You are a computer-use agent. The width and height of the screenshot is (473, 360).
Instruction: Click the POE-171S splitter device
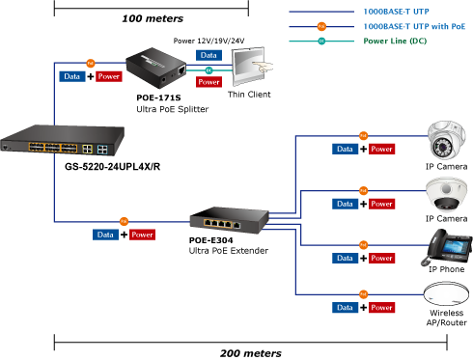coord(156,68)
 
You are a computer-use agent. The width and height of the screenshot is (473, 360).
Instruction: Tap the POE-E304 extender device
coord(229,220)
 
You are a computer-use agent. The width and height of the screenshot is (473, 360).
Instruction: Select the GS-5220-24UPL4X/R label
coord(112,167)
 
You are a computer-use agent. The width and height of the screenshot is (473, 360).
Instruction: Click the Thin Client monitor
coord(249,66)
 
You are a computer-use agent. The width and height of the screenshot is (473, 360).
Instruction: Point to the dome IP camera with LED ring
coord(446,140)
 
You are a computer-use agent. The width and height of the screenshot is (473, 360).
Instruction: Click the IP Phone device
coord(447,247)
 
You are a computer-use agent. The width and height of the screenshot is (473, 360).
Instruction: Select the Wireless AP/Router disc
coord(446,293)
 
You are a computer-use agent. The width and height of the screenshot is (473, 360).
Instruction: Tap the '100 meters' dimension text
coord(153,18)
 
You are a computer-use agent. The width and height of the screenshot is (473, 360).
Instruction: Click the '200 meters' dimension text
coord(251,353)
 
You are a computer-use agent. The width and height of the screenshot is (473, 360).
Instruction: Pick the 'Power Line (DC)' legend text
coord(395,41)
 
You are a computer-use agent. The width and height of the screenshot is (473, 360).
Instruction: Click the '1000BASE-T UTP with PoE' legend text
coord(414,26)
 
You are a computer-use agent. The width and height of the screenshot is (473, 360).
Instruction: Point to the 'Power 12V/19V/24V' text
coord(209,41)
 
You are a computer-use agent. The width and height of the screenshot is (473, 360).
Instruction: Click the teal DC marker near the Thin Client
coord(209,70)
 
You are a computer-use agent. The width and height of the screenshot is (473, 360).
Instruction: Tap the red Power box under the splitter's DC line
coord(209,82)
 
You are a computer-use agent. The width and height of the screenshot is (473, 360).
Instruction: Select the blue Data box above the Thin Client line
coord(209,55)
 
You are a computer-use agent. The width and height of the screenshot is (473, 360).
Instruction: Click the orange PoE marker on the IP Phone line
coord(363,245)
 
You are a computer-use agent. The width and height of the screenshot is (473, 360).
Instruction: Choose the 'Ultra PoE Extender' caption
coord(229,251)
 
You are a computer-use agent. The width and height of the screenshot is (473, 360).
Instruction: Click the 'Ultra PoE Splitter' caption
coord(173,109)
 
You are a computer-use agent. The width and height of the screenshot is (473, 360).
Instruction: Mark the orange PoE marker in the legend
coord(321,26)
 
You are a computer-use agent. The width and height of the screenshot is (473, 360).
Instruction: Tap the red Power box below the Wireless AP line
coord(381,308)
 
